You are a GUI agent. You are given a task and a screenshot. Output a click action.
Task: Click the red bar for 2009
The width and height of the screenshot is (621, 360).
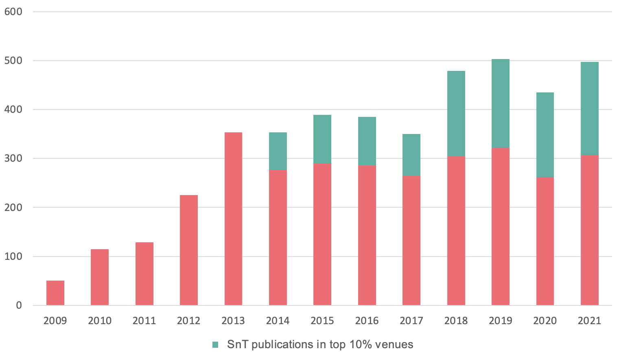tap(55, 293)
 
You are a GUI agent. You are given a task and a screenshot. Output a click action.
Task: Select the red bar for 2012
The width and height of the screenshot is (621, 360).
tap(189, 250)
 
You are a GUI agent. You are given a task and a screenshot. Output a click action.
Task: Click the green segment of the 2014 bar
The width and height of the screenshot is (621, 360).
tap(278, 151)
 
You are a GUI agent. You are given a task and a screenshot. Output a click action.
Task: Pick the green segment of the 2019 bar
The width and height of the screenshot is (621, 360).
tap(501, 103)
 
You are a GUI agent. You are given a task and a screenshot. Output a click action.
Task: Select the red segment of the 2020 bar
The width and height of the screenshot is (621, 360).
tap(545, 241)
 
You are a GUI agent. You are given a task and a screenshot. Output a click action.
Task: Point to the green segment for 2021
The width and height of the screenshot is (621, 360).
tap(590, 109)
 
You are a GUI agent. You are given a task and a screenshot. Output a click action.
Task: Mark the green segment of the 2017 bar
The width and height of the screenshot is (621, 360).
tap(411, 155)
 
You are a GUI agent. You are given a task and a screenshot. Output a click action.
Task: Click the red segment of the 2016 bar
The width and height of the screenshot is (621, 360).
tap(367, 235)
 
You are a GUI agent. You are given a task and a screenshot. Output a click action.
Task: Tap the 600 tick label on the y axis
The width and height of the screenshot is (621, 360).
tap(13, 12)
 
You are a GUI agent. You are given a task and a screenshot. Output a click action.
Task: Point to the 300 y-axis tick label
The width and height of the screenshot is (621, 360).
tap(13, 158)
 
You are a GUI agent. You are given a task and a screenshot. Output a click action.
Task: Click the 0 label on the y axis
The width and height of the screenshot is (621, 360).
tap(19, 305)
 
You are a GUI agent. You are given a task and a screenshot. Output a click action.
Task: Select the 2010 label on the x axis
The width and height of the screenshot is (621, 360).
tap(100, 321)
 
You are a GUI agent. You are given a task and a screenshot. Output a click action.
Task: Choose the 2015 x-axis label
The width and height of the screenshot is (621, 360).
tap(322, 321)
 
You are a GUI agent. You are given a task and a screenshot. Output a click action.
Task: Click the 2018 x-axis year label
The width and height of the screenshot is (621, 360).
tap(456, 321)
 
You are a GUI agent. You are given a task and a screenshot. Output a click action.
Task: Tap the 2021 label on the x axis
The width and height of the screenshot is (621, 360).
tap(590, 321)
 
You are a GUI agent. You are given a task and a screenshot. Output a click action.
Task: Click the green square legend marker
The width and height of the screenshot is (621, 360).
tap(216, 345)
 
